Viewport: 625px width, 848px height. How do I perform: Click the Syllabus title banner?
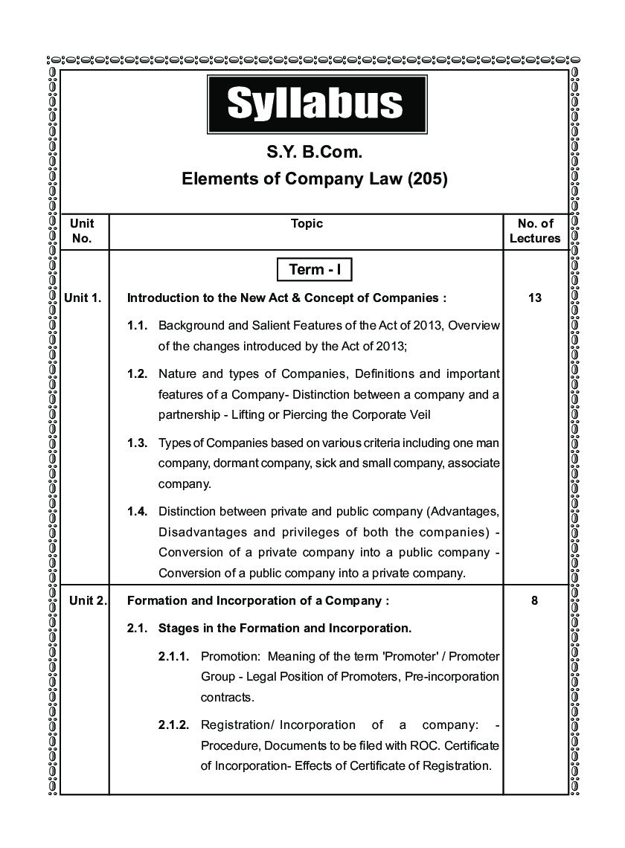point(315,103)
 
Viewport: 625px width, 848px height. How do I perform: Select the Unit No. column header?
point(83,231)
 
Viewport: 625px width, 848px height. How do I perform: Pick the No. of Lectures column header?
point(535,231)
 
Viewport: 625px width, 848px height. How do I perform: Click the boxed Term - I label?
point(314,269)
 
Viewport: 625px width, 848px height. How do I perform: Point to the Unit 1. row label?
point(83,298)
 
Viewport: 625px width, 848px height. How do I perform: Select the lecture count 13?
point(535,298)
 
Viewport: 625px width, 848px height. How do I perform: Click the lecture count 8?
point(535,600)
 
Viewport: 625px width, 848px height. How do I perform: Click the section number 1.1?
point(138,326)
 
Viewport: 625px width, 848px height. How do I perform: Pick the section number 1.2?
point(138,373)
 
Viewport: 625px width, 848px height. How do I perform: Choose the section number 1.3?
point(138,443)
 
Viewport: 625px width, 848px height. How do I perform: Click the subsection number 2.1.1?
point(174,657)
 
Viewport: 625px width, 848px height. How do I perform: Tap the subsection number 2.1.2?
point(174,725)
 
